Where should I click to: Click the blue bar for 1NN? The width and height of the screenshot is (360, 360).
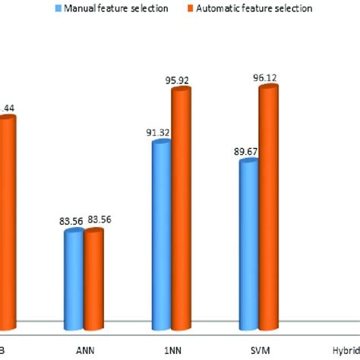(160, 235)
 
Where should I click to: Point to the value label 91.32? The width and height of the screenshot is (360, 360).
(159, 133)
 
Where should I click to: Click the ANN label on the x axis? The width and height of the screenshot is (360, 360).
(85, 351)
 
